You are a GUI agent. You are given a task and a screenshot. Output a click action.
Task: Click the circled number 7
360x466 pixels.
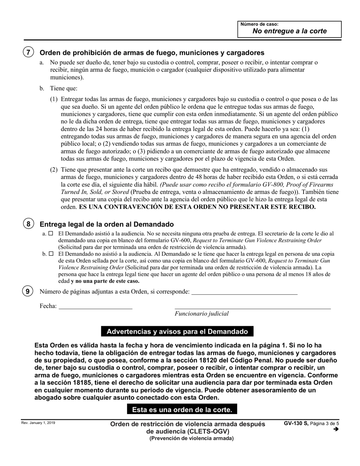28,52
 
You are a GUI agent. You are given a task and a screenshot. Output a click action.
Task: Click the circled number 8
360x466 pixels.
28,224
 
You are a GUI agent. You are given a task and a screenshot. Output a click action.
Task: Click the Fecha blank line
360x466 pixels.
95,306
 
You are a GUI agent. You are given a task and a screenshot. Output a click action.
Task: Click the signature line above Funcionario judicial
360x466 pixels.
252,306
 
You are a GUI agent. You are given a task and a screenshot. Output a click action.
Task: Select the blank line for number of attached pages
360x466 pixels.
244,292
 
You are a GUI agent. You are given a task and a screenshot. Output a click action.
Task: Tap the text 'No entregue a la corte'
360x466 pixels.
290,31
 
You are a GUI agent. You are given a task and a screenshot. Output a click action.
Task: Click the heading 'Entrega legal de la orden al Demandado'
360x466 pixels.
106,224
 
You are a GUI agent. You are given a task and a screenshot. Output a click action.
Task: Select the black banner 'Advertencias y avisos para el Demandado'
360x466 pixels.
177,332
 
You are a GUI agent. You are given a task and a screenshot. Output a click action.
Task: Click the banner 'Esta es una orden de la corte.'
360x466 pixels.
182,410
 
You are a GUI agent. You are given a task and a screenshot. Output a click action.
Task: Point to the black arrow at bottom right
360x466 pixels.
335,429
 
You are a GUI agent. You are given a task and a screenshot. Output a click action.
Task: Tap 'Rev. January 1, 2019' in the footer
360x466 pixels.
38,423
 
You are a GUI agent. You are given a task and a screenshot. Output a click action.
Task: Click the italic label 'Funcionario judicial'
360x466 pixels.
202,313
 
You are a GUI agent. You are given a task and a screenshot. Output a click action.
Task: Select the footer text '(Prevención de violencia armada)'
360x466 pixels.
191,439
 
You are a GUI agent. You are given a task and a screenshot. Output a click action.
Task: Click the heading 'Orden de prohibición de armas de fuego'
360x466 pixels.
152,53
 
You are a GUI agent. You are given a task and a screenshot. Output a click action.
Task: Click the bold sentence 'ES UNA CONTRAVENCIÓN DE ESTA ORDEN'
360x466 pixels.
197,207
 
